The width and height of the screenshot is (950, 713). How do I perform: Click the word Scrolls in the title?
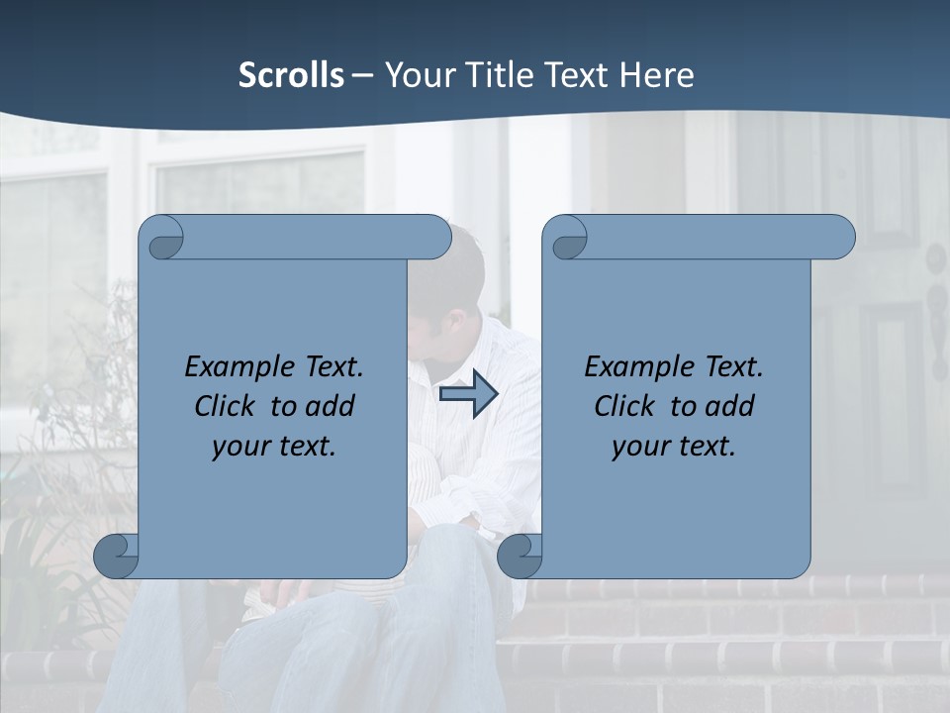click(x=291, y=75)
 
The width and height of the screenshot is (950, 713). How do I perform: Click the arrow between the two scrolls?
click(x=468, y=395)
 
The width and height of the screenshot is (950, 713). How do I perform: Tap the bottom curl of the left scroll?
click(x=116, y=555)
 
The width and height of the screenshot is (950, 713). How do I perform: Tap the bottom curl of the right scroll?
click(x=520, y=555)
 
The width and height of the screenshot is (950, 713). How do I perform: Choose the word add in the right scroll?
click(x=729, y=406)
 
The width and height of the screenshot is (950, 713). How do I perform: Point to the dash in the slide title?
click(x=363, y=76)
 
